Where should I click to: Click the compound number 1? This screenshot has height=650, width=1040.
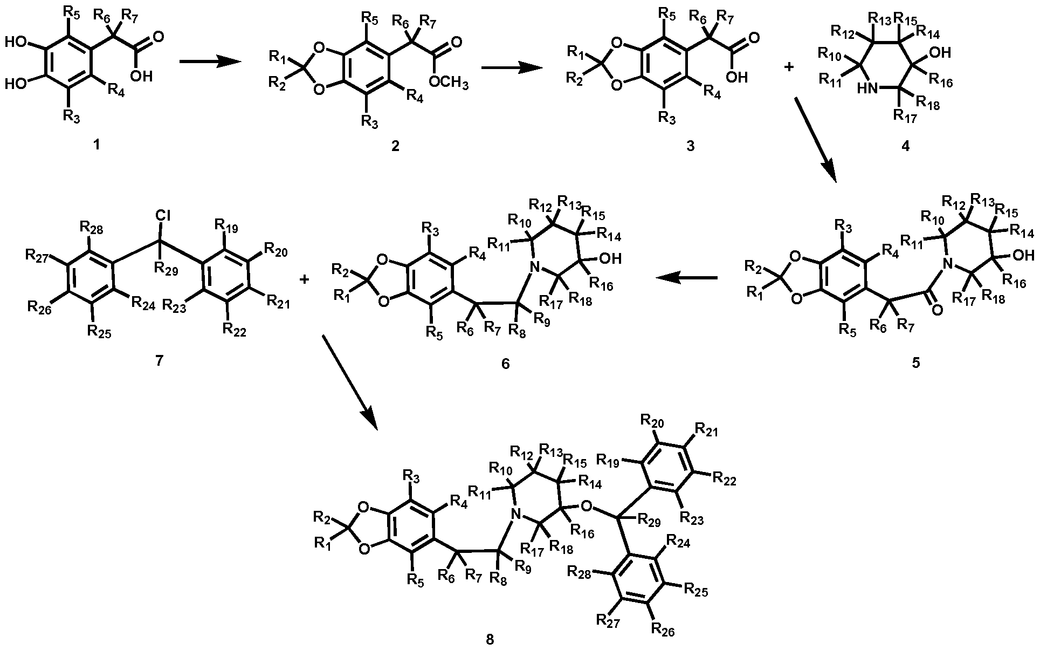[97, 145]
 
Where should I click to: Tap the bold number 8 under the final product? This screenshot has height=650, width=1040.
[490, 639]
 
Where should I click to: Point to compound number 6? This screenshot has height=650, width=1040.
[505, 364]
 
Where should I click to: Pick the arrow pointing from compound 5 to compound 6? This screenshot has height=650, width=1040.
[686, 278]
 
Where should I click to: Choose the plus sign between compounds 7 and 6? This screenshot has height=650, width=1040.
[305, 279]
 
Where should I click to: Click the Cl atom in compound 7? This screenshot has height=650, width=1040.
[162, 216]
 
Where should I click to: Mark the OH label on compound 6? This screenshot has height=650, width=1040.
[611, 259]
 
